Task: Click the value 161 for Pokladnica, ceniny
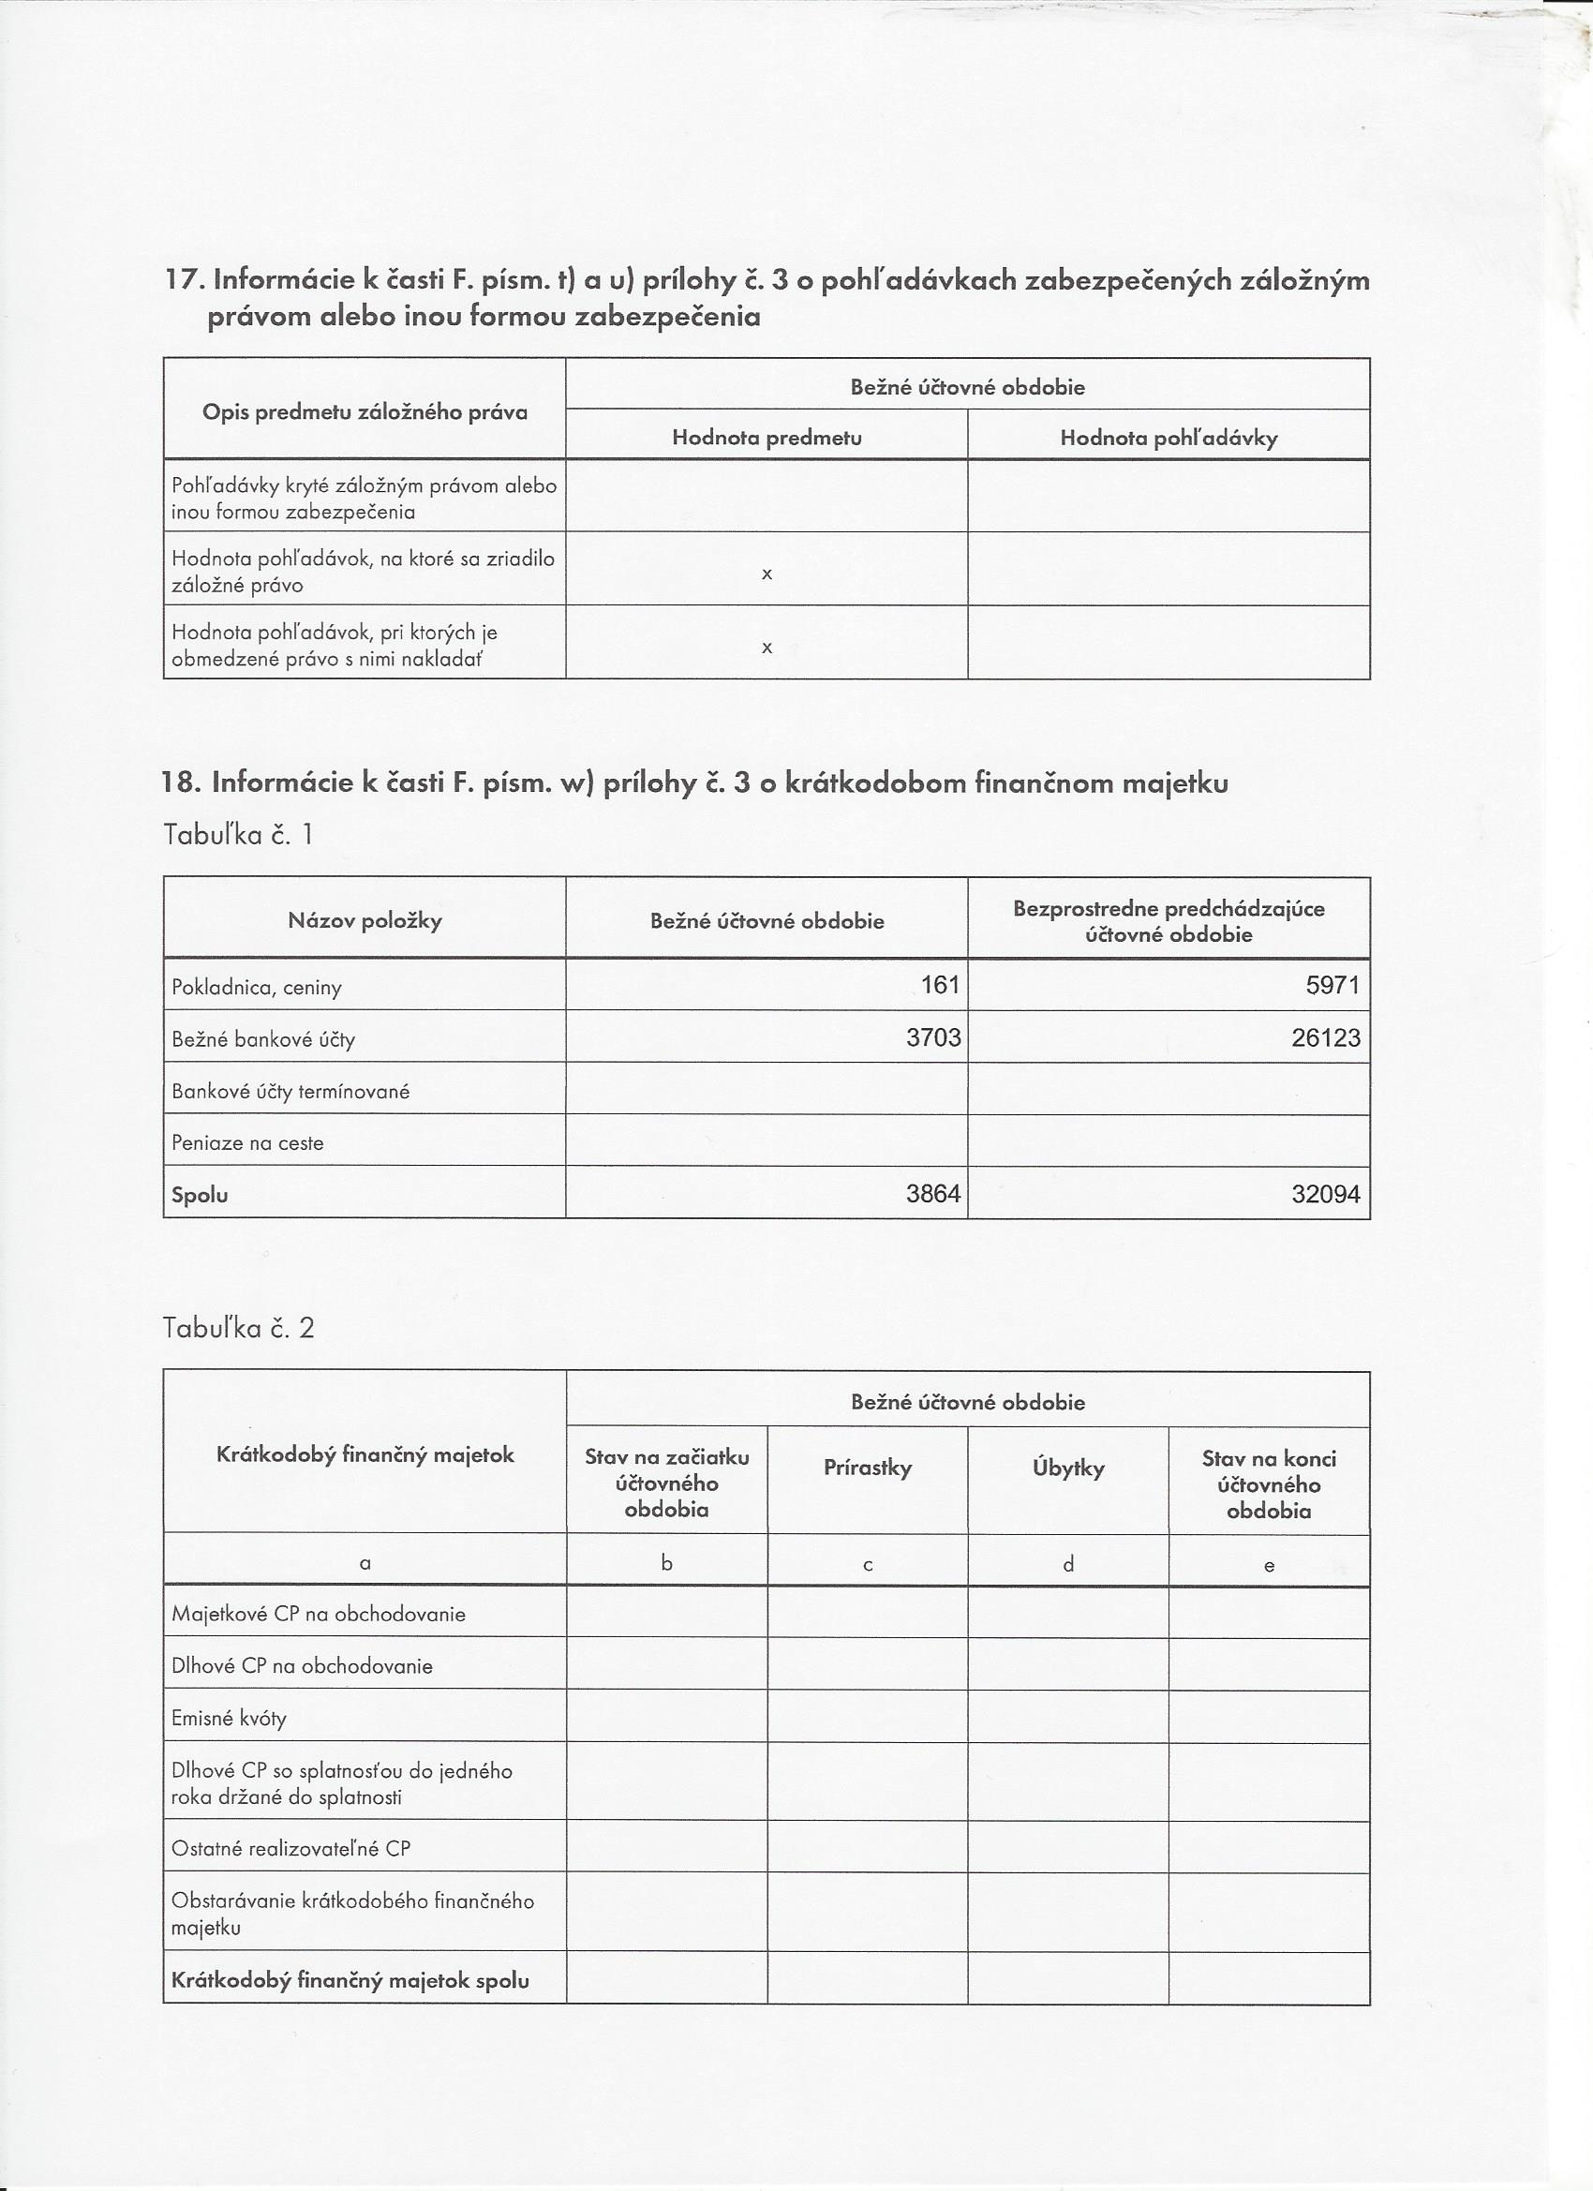tap(939, 984)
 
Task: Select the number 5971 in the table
tap(1332, 984)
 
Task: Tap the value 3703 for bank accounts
tap(933, 1036)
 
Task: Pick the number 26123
tap(1325, 1037)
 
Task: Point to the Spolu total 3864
tap(933, 1193)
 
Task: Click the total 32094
tap(1325, 1194)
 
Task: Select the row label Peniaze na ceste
tap(247, 1143)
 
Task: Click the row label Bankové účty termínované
tap(290, 1091)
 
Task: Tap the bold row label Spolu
tap(200, 1195)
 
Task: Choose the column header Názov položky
tap(365, 919)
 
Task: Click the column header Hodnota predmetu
tap(767, 438)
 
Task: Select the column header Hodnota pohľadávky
tap(1169, 438)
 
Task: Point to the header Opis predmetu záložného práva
tap(365, 412)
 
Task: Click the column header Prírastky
tap(868, 1468)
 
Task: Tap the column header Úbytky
tap(1068, 1468)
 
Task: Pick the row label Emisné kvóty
tap(229, 1718)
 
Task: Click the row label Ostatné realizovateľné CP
tap(290, 1848)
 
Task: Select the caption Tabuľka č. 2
tap(239, 1328)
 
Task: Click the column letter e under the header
tap(1269, 1566)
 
